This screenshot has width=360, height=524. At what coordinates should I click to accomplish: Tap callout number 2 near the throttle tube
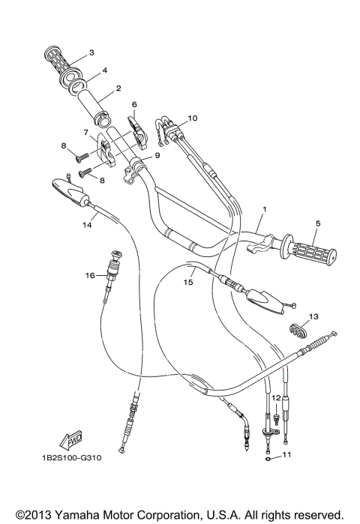coord(118,88)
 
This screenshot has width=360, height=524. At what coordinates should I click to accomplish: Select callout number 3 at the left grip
coord(91,52)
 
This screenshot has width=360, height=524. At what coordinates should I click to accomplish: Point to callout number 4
coord(105,70)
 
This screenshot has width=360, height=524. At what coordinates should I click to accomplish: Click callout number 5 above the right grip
coord(317,223)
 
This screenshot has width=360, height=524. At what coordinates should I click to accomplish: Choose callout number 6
coord(134,104)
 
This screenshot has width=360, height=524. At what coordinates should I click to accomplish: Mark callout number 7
coord(86,131)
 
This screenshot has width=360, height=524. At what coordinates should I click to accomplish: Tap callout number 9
coord(157,156)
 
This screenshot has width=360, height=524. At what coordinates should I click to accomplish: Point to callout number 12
coord(275,397)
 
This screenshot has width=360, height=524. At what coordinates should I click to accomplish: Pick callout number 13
coord(313,316)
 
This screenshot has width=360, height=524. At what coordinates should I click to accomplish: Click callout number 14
coord(87,223)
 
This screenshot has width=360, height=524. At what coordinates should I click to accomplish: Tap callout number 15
coord(189,283)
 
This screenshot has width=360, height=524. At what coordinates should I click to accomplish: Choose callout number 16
coord(90,275)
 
